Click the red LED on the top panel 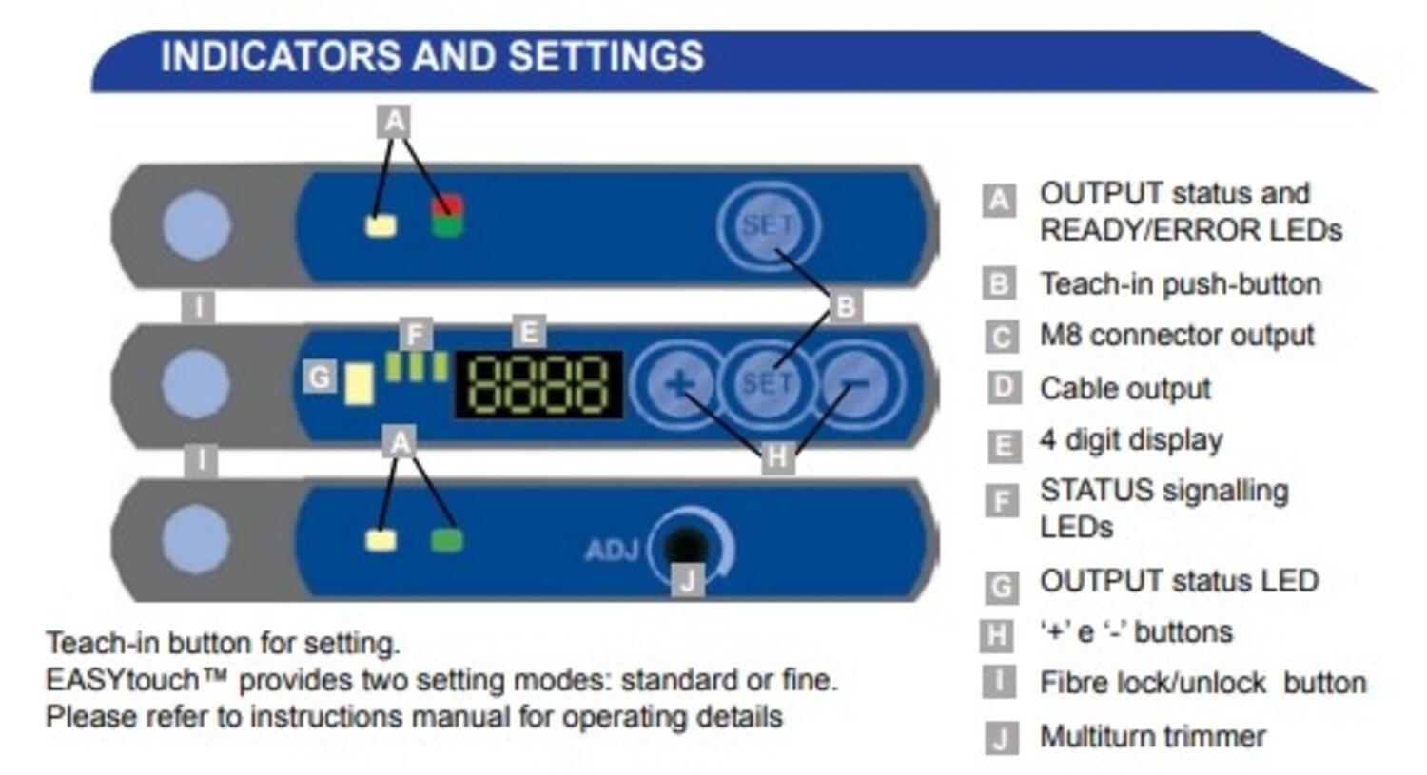tap(447, 205)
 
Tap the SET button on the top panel tap(768, 225)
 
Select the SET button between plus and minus tap(767, 383)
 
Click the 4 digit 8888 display tap(538, 384)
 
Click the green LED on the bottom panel tap(446, 540)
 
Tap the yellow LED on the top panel tap(381, 226)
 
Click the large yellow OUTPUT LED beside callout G tap(359, 384)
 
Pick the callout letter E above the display tap(528, 332)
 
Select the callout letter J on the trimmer tap(688, 578)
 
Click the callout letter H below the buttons tap(777, 457)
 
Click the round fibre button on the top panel tap(196, 226)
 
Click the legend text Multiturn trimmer tap(1152, 736)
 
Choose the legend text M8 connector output tap(1176, 335)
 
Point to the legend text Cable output tap(1124, 388)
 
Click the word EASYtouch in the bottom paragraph tap(122, 680)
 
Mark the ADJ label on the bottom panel tap(611, 551)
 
